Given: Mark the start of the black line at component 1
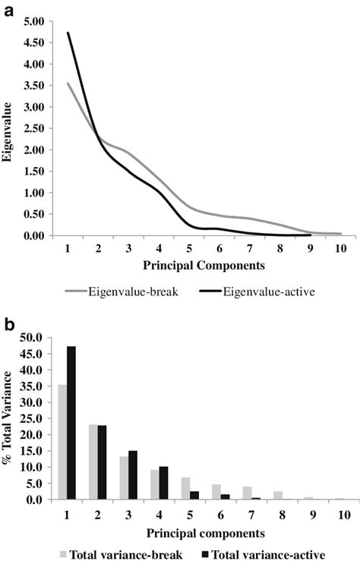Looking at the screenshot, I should (68, 33).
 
